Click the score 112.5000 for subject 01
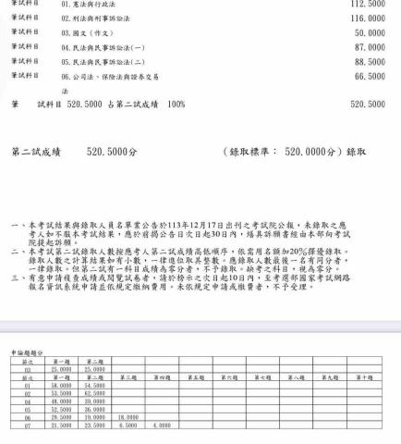[x=369, y=4]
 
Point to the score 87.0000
[x=371, y=46]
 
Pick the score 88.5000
[x=371, y=61]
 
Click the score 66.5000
[x=371, y=76]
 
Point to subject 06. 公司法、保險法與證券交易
[x=112, y=77]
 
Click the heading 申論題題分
[x=26, y=351]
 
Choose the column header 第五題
[x=195, y=377]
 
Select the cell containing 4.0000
[x=162, y=425]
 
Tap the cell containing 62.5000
[x=94, y=393]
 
